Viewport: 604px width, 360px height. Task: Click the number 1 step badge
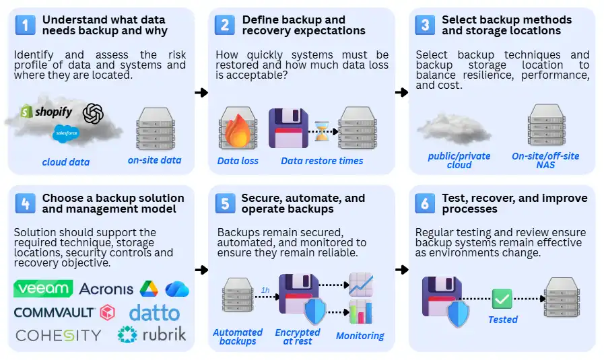25,25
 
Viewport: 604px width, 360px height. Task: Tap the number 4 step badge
25,203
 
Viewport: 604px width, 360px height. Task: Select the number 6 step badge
426,203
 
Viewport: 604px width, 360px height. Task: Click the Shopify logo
46,112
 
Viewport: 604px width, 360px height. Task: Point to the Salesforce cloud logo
66,133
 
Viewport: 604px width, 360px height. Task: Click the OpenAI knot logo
93,114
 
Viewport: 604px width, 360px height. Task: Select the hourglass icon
323,131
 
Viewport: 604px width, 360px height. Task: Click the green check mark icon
502,298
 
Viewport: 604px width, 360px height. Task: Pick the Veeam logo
43,289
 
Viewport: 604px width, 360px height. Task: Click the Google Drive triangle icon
148,289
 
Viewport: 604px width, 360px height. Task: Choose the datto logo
154,313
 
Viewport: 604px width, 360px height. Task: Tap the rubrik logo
152,334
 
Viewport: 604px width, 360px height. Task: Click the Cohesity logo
58,335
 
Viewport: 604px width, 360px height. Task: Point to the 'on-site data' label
155,160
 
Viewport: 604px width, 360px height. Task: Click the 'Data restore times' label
321,161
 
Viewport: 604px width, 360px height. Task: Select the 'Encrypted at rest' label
298,336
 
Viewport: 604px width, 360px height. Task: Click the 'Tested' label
502,320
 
